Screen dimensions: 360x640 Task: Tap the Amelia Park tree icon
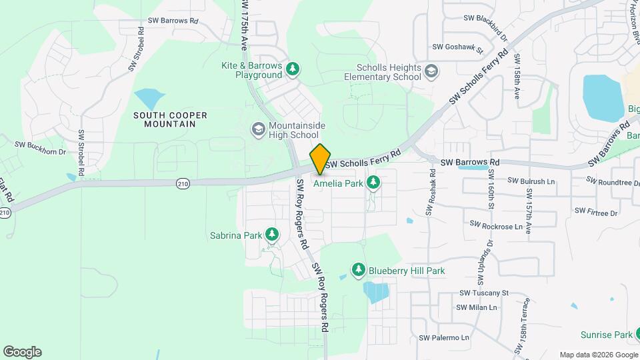click(373, 181)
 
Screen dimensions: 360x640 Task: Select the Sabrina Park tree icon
click(271, 234)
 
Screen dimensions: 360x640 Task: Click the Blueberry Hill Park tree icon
click(359, 269)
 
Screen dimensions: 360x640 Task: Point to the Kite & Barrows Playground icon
click(292, 69)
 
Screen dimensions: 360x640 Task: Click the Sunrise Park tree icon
click(639, 335)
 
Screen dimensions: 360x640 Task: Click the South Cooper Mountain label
click(170, 119)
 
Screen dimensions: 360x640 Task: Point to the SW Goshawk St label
click(457, 47)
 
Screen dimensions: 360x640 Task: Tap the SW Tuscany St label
click(484, 293)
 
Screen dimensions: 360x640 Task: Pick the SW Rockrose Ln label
click(496, 227)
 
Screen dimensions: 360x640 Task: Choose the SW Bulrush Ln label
click(531, 181)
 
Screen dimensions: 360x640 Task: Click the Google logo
click(22, 352)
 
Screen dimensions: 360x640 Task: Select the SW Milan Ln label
click(477, 307)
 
